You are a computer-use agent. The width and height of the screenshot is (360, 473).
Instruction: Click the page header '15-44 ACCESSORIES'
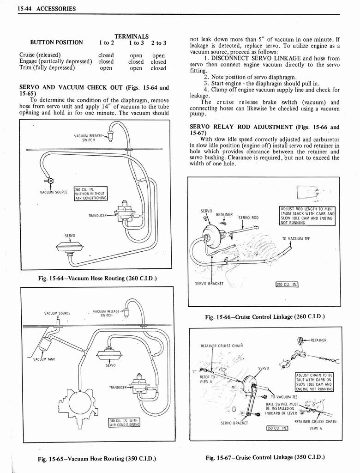tap(47, 9)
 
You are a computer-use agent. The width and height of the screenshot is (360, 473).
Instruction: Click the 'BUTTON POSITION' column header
tap(56, 42)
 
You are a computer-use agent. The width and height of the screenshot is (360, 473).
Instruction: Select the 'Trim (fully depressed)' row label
tap(47, 68)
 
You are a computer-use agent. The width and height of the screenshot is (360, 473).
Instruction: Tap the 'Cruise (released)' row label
tap(40, 55)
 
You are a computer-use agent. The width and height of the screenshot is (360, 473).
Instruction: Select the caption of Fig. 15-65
tap(96, 459)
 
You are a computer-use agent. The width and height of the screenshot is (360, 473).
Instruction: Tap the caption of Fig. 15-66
tap(265, 316)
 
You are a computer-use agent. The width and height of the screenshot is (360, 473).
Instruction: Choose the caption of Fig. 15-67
tap(265, 457)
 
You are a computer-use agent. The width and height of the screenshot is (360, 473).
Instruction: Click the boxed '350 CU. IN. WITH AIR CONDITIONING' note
tap(124, 423)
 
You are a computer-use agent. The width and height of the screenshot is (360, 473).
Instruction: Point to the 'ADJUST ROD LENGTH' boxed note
tap(307, 216)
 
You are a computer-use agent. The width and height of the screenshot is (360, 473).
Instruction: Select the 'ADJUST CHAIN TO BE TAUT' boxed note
tap(314, 382)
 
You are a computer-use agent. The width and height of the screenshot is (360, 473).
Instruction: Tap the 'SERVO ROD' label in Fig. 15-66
tap(248, 218)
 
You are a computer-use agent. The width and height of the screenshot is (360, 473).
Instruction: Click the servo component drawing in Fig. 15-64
tap(69, 248)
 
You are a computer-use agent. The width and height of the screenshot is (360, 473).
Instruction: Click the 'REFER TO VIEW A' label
tap(206, 379)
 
